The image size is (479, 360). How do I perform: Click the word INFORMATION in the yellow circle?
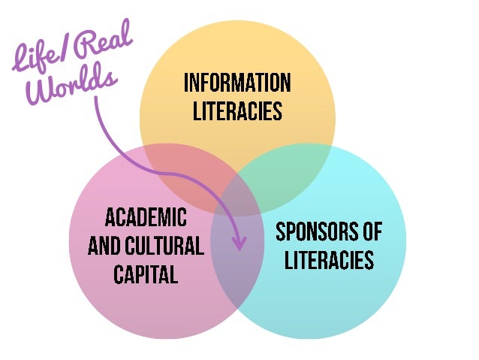(x=236, y=83)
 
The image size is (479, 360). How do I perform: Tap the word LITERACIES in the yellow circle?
(x=236, y=111)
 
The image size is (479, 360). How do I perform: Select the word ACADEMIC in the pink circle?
(x=146, y=219)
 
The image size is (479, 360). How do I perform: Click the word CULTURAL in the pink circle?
(x=168, y=246)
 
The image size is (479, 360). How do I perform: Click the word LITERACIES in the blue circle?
(x=329, y=260)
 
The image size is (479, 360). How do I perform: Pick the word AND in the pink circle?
(x=104, y=246)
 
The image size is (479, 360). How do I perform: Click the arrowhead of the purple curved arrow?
(x=240, y=244)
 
